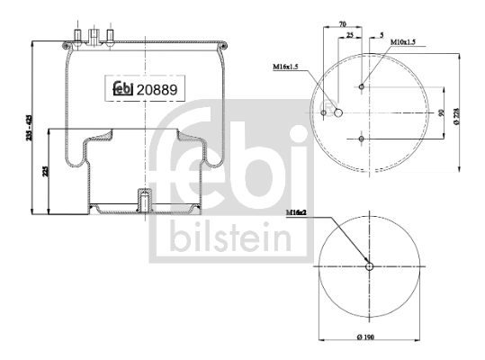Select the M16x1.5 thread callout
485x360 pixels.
pos(286,67)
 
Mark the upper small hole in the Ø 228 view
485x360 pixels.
pos(361,87)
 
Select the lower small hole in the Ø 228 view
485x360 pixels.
pos(361,139)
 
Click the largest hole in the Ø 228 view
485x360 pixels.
pos(337,112)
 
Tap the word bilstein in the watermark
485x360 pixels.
pos(225,239)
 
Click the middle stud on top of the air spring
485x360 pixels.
pos(91,36)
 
